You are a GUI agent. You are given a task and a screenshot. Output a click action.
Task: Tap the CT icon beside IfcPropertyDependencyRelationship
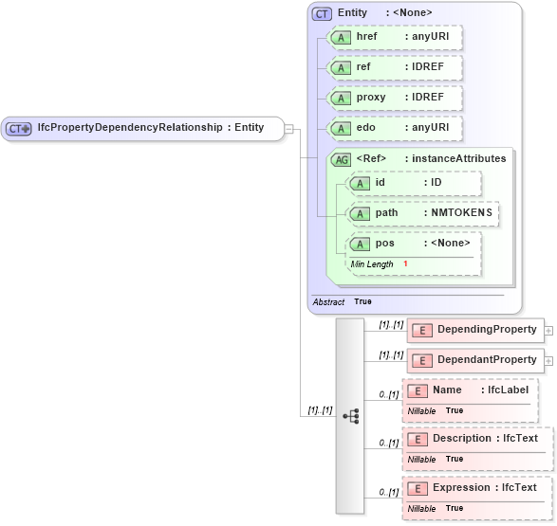(19, 129)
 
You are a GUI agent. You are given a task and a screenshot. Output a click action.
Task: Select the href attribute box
(394, 37)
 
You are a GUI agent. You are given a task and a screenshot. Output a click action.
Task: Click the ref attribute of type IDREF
(394, 68)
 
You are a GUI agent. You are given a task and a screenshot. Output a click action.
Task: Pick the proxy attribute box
(394, 99)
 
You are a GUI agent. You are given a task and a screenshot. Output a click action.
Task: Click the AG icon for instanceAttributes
(341, 159)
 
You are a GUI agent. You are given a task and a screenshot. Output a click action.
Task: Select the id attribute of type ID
(415, 183)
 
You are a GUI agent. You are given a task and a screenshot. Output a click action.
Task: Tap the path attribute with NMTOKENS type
(423, 213)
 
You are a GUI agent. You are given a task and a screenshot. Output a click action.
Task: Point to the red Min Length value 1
(405, 263)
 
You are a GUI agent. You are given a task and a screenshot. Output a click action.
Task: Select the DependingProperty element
(474, 330)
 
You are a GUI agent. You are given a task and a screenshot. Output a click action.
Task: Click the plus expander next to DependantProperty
(548, 361)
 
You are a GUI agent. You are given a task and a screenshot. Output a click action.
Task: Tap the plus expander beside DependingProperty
(548, 331)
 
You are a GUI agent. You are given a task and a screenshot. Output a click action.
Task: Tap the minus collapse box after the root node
(289, 129)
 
